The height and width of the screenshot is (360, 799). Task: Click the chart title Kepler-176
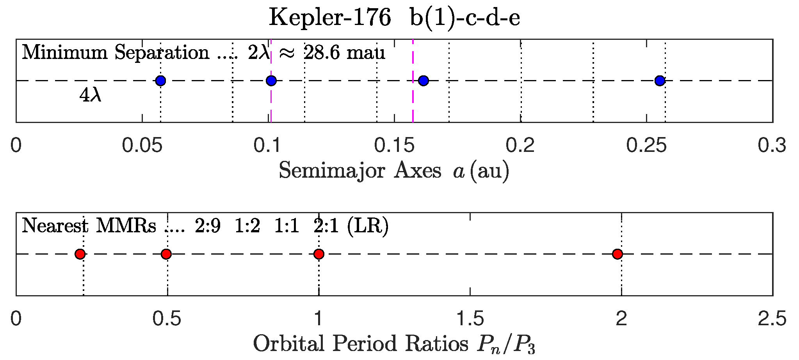point(330,18)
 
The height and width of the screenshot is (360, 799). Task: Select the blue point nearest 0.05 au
point(160,81)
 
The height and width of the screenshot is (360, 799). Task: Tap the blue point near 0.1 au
point(271,81)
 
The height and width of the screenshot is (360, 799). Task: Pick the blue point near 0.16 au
point(424,81)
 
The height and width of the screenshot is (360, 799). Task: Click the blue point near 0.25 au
point(660,81)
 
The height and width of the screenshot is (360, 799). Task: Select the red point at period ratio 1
point(319,254)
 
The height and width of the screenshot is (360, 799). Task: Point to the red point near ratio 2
point(617,254)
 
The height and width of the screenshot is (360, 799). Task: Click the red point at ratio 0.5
point(166,254)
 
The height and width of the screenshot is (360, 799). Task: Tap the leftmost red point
point(80,254)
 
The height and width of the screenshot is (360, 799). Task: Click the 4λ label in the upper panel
point(90,95)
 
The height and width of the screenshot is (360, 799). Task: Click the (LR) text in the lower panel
point(368,226)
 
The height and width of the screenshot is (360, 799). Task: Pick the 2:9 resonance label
point(208,226)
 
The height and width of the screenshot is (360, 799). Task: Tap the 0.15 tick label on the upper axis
point(394,146)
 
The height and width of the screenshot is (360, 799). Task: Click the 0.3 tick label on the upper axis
point(772,146)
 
